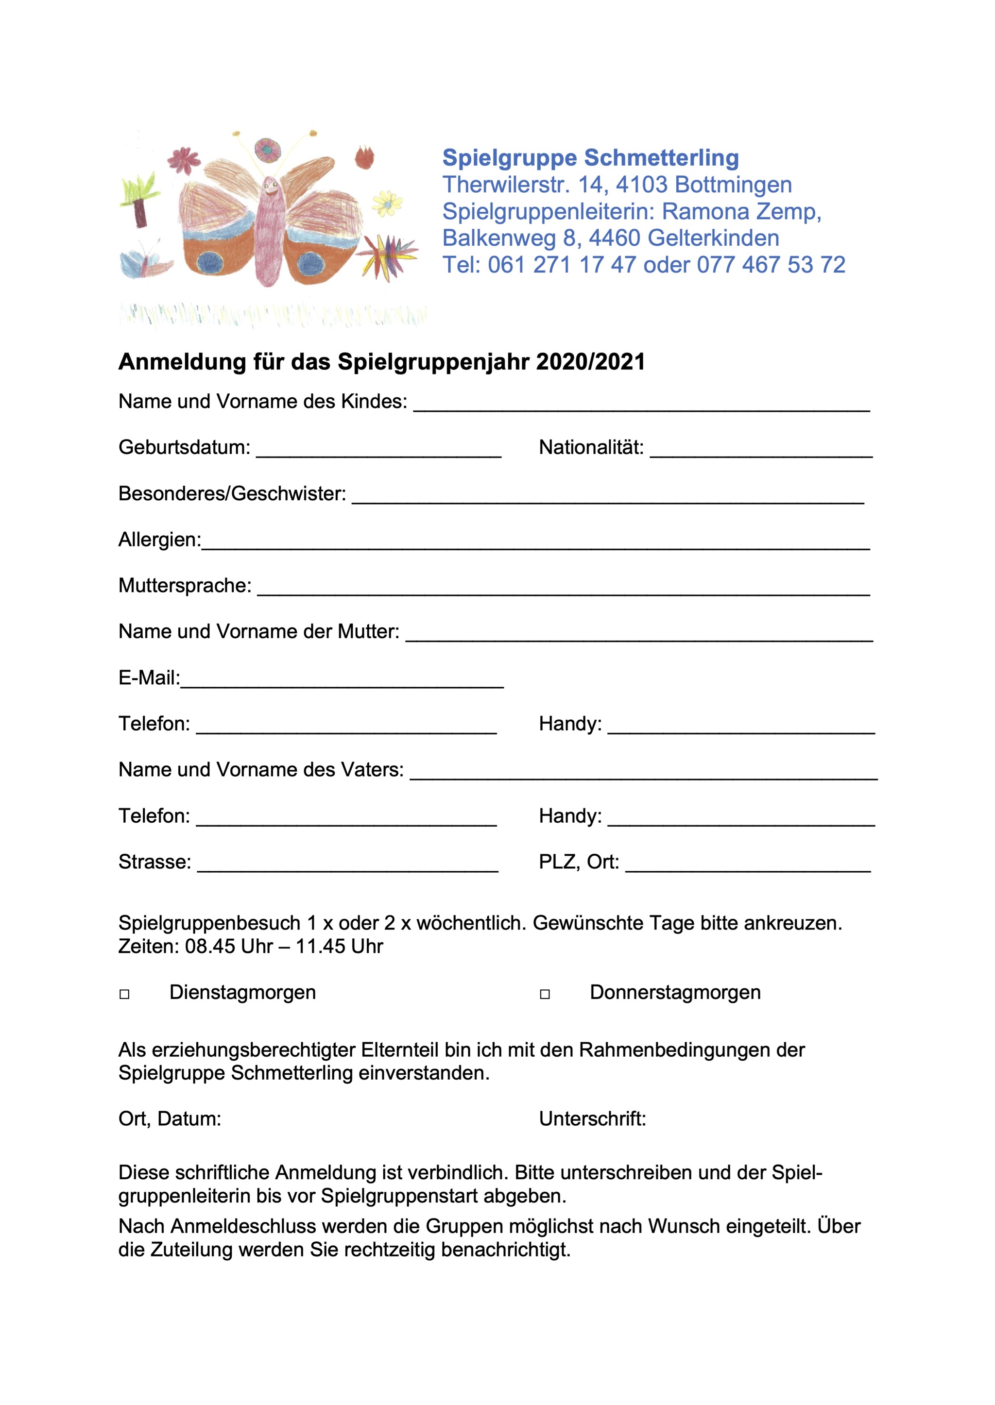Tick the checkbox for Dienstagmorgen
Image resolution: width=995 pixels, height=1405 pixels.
coord(124,994)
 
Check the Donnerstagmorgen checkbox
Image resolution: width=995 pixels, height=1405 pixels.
coord(545,994)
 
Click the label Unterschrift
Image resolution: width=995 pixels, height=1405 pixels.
coord(592,1119)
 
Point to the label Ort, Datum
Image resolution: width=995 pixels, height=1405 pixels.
coord(170,1119)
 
